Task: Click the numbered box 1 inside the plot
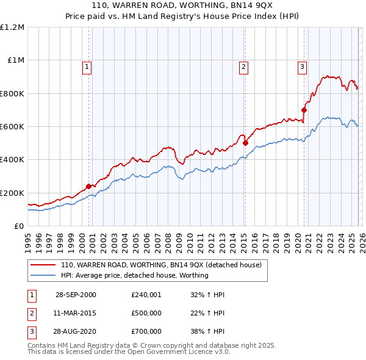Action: (x=87, y=67)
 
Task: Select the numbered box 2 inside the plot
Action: (x=243, y=67)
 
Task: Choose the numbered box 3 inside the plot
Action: (x=302, y=67)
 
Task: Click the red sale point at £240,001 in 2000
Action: (x=89, y=186)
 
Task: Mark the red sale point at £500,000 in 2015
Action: (x=245, y=143)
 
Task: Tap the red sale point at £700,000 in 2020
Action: (x=304, y=110)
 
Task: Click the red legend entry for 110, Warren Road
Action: (x=161, y=265)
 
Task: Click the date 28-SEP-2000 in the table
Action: (x=76, y=295)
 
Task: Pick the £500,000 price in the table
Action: (x=146, y=313)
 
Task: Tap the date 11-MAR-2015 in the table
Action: (x=76, y=313)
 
